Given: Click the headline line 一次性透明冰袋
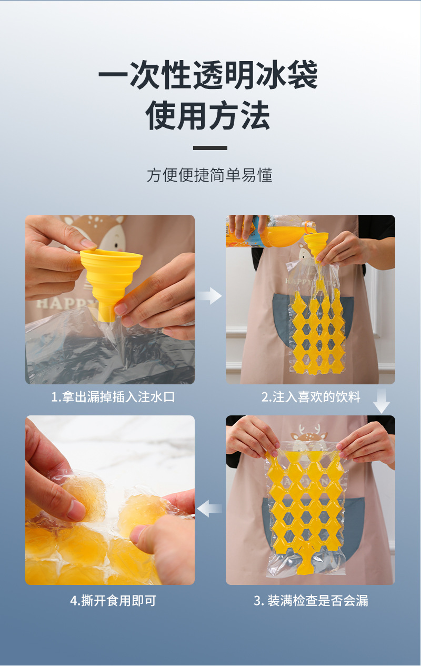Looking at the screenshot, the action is click(x=208, y=75).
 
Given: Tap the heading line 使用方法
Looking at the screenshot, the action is click(x=208, y=115).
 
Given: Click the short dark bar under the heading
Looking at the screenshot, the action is click(x=210, y=148).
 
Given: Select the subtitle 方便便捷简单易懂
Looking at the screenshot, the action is click(x=210, y=175).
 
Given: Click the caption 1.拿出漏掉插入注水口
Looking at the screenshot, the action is click(x=113, y=397).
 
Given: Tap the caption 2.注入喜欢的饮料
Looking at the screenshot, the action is click(x=311, y=397).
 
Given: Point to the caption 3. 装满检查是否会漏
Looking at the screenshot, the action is click(x=311, y=600).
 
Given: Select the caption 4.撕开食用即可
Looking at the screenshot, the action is click(x=113, y=600).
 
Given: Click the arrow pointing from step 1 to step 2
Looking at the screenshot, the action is click(x=210, y=296).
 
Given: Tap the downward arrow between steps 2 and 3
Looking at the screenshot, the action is click(x=382, y=401).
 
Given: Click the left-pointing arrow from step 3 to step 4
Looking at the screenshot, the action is click(x=209, y=509).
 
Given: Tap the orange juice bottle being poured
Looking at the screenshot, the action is click(x=267, y=232).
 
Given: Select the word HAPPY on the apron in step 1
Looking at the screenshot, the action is click(x=64, y=304).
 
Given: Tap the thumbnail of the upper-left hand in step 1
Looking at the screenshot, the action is click(x=88, y=244).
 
